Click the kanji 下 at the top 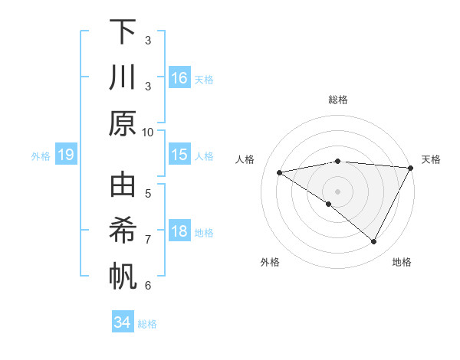pos(123,33)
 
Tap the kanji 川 pos(123,78)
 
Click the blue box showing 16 pos(179,78)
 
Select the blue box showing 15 pos(179,155)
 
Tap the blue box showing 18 pos(179,232)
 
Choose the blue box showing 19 pos(65,155)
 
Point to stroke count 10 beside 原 pos(148,132)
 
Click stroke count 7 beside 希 pos(148,240)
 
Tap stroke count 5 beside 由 pos(148,193)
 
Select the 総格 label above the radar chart pos(338,100)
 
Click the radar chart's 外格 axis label pos(270,262)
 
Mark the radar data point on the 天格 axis pos(411,169)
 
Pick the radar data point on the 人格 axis pos(279,172)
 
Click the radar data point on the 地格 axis pos(374,242)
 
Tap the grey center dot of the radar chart pos(338,191)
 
